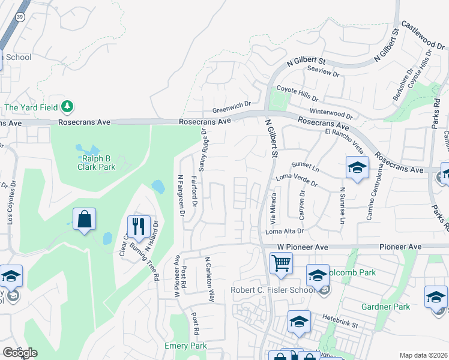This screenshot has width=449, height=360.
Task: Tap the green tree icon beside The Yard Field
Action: click(x=67, y=107)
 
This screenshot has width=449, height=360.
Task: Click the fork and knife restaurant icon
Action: click(x=139, y=227)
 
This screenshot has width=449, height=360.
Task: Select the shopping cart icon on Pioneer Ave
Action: click(x=281, y=263)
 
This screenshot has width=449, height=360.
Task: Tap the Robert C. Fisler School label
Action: click(x=273, y=290)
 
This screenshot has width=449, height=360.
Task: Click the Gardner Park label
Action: click(x=385, y=307)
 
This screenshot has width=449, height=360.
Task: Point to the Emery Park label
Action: click(x=185, y=346)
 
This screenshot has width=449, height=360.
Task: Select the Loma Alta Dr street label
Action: click(x=285, y=231)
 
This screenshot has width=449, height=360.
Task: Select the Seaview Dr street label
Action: click(x=324, y=71)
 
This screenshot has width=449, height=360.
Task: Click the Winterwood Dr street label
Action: click(x=330, y=113)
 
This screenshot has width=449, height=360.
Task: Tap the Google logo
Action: click(x=20, y=352)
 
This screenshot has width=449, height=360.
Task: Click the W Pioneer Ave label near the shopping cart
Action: click(x=303, y=247)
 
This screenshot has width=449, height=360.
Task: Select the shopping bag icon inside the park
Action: click(x=85, y=220)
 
